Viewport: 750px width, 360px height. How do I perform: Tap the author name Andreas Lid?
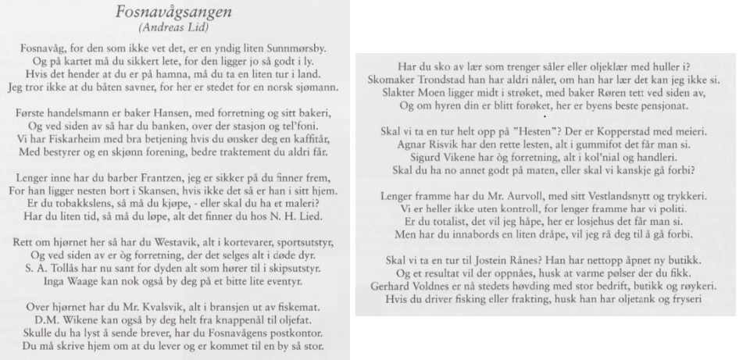pos(179,27)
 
